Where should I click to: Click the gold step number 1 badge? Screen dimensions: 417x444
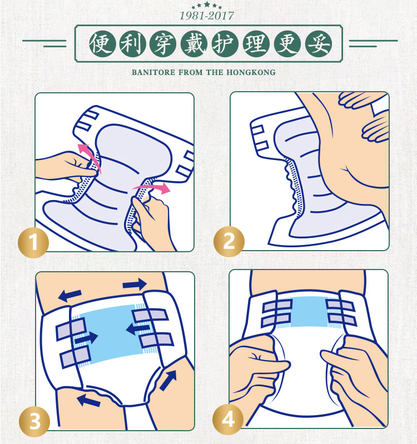point(33,243)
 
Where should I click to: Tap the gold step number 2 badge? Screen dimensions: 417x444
point(229,242)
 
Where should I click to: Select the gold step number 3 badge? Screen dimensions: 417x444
point(34,421)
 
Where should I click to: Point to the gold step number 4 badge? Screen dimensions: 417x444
point(228,420)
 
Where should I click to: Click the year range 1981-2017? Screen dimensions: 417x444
point(207,16)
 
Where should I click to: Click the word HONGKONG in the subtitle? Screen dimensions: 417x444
point(251,72)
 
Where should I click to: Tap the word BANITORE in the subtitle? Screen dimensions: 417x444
point(153,72)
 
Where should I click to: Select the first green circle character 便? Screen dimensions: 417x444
point(102,44)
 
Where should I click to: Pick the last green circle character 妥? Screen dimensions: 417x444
point(319,44)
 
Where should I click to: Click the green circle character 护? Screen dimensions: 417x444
point(225,44)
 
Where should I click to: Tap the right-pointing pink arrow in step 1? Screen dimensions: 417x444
point(152,188)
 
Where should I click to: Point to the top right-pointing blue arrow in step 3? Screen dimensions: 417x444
point(135,284)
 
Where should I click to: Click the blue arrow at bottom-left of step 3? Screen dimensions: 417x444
point(88,401)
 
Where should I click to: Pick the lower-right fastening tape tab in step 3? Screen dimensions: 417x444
point(157,340)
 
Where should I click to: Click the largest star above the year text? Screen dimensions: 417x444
point(207,4)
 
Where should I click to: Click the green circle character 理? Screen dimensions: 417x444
point(256,44)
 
